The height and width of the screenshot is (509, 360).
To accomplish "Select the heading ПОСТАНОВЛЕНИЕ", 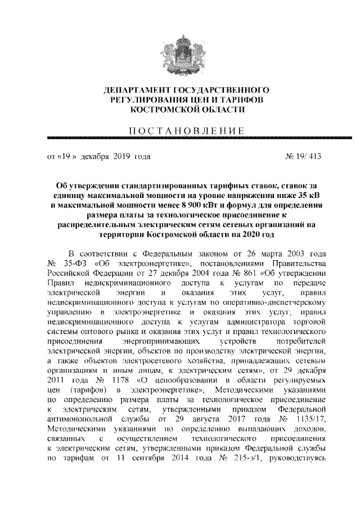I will tap(179, 131).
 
